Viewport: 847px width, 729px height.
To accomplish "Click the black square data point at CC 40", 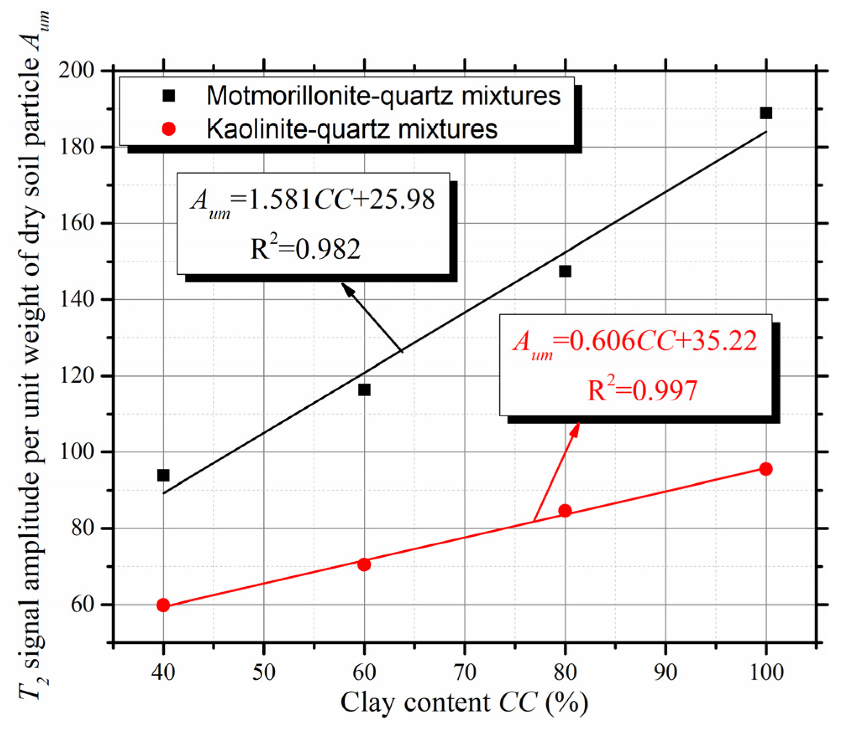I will (163, 475).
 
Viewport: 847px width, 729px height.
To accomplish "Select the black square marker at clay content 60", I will (364, 390).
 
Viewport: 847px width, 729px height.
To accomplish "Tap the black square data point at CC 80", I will (565, 271).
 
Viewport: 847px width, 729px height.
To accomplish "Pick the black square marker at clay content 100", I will (766, 113).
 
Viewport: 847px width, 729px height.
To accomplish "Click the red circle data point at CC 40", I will (163, 605).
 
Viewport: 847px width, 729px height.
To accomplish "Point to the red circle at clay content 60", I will (364, 564).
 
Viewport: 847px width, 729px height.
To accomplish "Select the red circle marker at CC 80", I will (565, 511).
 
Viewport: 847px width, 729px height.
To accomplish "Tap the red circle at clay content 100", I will (766, 469).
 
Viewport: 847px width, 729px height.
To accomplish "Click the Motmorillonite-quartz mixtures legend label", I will (383, 96).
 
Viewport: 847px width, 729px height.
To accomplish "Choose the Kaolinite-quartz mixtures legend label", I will (352, 129).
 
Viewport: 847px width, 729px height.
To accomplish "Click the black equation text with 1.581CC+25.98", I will (313, 200).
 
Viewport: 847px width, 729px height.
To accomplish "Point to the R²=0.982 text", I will (305, 248).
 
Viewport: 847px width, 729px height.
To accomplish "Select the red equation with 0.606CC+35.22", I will (635, 342).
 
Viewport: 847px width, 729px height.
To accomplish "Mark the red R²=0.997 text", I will (642, 389).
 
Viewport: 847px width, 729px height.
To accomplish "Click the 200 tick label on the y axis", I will (76, 71).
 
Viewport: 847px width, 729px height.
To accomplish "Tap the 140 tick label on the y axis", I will (76, 299).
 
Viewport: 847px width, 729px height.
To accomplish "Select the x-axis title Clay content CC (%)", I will (464, 703).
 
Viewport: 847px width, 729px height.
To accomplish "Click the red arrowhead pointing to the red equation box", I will (576, 429).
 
